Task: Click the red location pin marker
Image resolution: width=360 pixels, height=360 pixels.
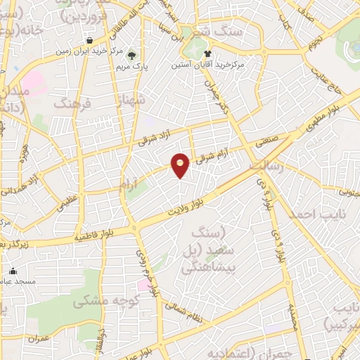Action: (x=181, y=164)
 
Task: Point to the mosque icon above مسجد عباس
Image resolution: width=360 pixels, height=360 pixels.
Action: (x=13, y=271)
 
